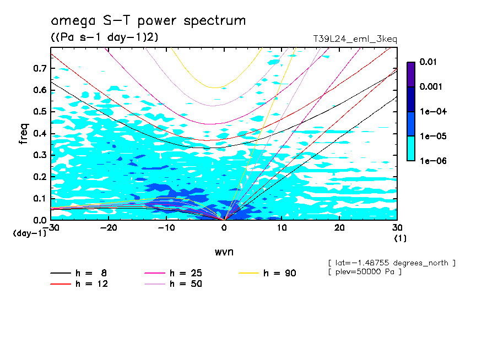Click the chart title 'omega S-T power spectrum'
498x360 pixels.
pos(148,21)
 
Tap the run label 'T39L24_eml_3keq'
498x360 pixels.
pos(354,39)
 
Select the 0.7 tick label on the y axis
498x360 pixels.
pos(40,69)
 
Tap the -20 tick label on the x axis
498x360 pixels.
pos(109,228)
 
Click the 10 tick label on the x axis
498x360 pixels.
pos(282,228)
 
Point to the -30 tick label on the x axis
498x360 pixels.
pos(51,228)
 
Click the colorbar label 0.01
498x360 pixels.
pos(428,62)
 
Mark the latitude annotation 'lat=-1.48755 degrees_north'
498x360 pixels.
pos(392,263)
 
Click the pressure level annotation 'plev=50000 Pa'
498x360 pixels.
pos(365,272)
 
